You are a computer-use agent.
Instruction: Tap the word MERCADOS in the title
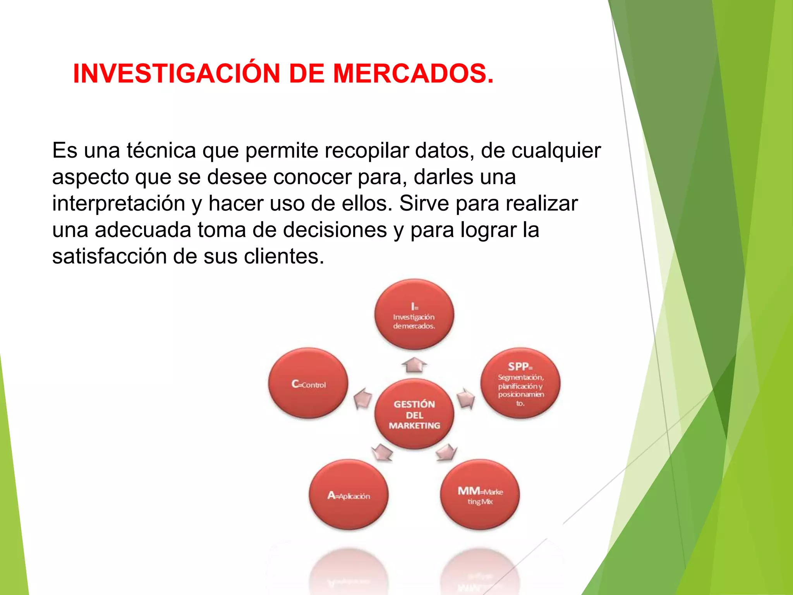pos(413,74)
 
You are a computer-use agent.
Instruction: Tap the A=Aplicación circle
pos(348,495)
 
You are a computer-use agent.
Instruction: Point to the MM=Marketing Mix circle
pos(480,495)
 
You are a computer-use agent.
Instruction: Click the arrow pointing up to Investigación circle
pos(414,365)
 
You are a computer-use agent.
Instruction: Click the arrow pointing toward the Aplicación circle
pos(382,452)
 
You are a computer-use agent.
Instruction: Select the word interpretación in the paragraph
pos(118,204)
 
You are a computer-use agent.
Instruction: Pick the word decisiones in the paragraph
pos(335,230)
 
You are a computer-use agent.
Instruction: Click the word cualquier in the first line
pos(556,151)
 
